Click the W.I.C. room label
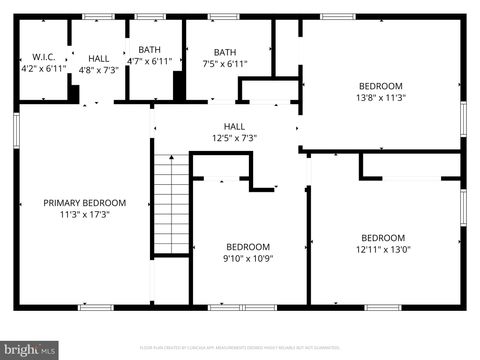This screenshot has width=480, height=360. [42, 57]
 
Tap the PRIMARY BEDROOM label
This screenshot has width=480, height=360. [84, 202]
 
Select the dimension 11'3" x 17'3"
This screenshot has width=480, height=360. [84, 214]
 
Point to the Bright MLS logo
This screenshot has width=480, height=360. [29, 350]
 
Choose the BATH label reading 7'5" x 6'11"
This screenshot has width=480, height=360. [224, 52]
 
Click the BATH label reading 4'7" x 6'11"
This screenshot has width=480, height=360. [149, 50]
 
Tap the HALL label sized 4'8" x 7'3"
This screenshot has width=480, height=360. [98, 58]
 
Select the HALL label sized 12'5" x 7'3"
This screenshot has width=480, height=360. [234, 126]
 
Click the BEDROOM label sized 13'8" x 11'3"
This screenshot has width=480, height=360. [381, 86]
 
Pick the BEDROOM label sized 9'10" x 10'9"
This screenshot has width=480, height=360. [247, 247]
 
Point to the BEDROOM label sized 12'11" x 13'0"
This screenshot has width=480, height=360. [382, 237]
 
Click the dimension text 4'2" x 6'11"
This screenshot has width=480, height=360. [43, 69]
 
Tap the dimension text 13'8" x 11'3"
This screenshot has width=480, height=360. [381, 98]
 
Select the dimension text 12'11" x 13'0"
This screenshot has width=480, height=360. [382, 249]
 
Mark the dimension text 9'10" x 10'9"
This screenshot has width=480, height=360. [247, 259]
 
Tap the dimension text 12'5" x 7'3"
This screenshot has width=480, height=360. [234, 138]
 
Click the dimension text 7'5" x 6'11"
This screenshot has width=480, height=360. [224, 64]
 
